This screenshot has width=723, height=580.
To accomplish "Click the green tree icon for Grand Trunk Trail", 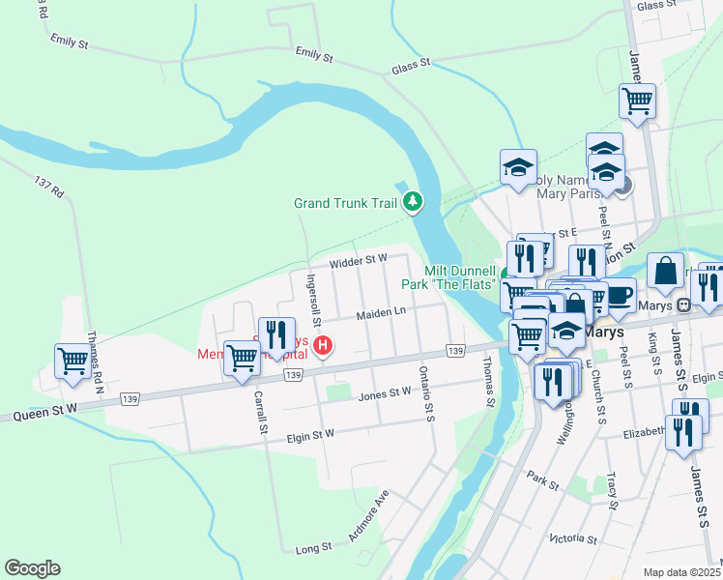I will (414, 201).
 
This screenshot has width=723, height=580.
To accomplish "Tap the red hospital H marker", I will (325, 344).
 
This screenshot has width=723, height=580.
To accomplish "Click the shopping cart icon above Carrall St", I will (242, 357).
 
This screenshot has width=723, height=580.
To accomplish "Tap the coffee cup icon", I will (619, 295).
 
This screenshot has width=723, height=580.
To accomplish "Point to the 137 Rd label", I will (48, 188).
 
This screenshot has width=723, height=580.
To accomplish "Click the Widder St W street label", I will (358, 259).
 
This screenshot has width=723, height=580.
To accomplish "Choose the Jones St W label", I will (385, 393).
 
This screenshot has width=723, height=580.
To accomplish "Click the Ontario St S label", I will (425, 392).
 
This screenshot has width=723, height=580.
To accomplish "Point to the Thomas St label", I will (488, 381).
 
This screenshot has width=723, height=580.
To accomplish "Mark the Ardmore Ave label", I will (367, 518).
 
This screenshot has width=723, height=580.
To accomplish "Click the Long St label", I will (313, 547).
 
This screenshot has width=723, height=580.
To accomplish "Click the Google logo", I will (32, 568).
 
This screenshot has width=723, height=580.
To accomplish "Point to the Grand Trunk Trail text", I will (346, 203).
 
